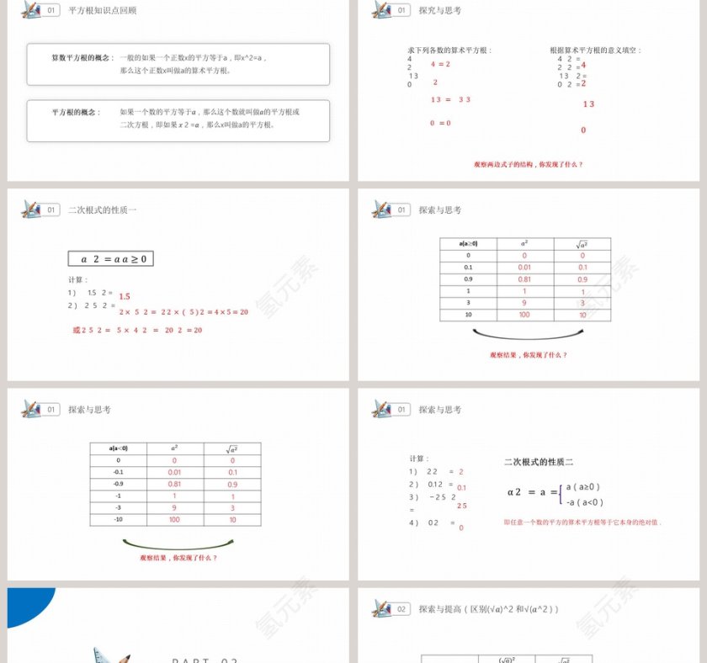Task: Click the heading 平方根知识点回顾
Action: pyautogui.click(x=103, y=11)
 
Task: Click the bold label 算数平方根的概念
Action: pyautogui.click(x=81, y=57)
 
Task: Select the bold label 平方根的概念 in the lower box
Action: pyautogui.click(x=76, y=111)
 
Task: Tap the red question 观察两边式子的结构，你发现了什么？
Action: pyautogui.click(x=528, y=164)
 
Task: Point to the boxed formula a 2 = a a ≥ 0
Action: pyautogui.click(x=111, y=259)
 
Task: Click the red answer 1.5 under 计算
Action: pyautogui.click(x=125, y=296)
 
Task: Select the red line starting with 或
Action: pyautogui.click(x=137, y=331)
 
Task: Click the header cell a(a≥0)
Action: pyautogui.click(x=468, y=244)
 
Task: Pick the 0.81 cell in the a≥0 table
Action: pyautogui.click(x=524, y=279)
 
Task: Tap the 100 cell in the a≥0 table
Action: pyautogui.click(x=524, y=315)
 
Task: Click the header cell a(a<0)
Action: pyautogui.click(x=119, y=448)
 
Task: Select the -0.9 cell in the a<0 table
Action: pyautogui.click(x=119, y=484)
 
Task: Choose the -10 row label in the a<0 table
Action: pyautogui.click(x=119, y=520)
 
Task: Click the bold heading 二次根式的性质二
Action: pyautogui.click(x=539, y=462)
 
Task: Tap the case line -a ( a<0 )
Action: pyautogui.click(x=584, y=502)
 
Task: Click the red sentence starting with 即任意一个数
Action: pyautogui.click(x=582, y=522)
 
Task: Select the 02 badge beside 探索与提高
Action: pyautogui.click(x=402, y=608)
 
